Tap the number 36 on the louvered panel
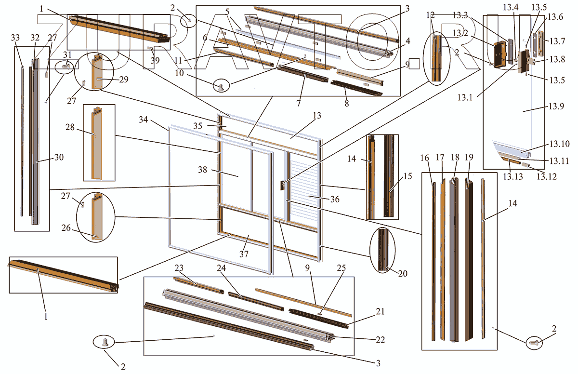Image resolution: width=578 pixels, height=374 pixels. (330, 198)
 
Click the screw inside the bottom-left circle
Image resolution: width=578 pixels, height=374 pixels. (105, 342)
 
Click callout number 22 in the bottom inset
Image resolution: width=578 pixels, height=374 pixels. (381, 339)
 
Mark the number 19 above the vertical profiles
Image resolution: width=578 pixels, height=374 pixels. (469, 157)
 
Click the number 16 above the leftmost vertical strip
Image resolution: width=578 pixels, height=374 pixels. (424, 157)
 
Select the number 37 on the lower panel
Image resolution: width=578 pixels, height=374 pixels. (245, 254)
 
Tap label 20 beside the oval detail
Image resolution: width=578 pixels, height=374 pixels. (403, 273)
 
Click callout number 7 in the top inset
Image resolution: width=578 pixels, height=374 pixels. (299, 103)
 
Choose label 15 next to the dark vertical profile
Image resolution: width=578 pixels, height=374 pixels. (407, 176)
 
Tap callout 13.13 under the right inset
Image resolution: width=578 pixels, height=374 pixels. (513, 177)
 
